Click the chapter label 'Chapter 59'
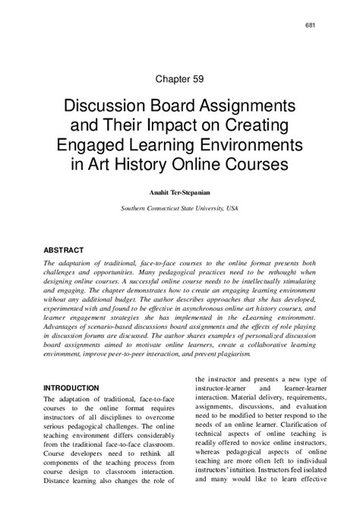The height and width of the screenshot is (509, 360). click(179, 77)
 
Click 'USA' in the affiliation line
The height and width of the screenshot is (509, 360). click(232, 207)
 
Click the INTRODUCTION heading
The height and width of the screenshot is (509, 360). click(73, 387)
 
